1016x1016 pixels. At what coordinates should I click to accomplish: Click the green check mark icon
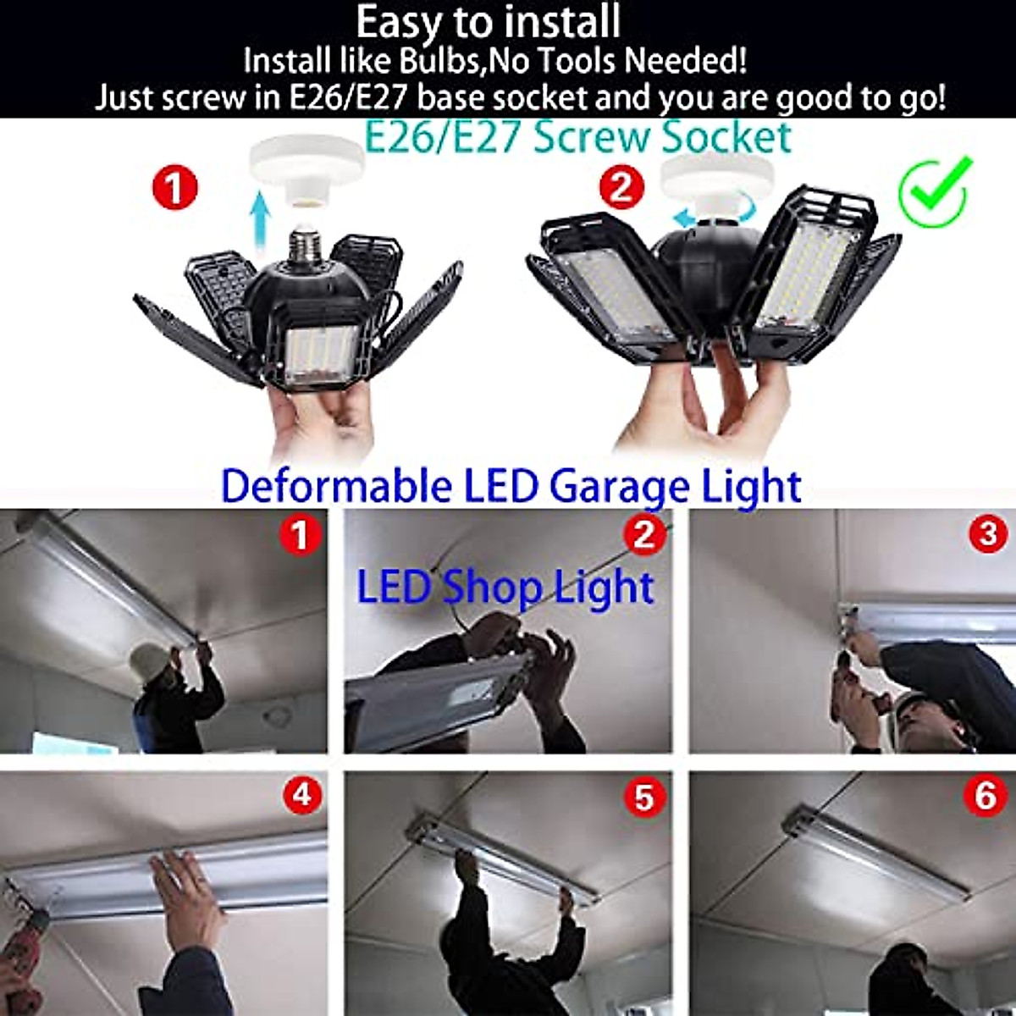[x=934, y=190]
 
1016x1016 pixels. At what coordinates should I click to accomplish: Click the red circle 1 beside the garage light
[x=174, y=187]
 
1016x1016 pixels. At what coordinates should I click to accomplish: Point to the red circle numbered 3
[x=986, y=535]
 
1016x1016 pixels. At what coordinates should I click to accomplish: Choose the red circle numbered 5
[x=644, y=797]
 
